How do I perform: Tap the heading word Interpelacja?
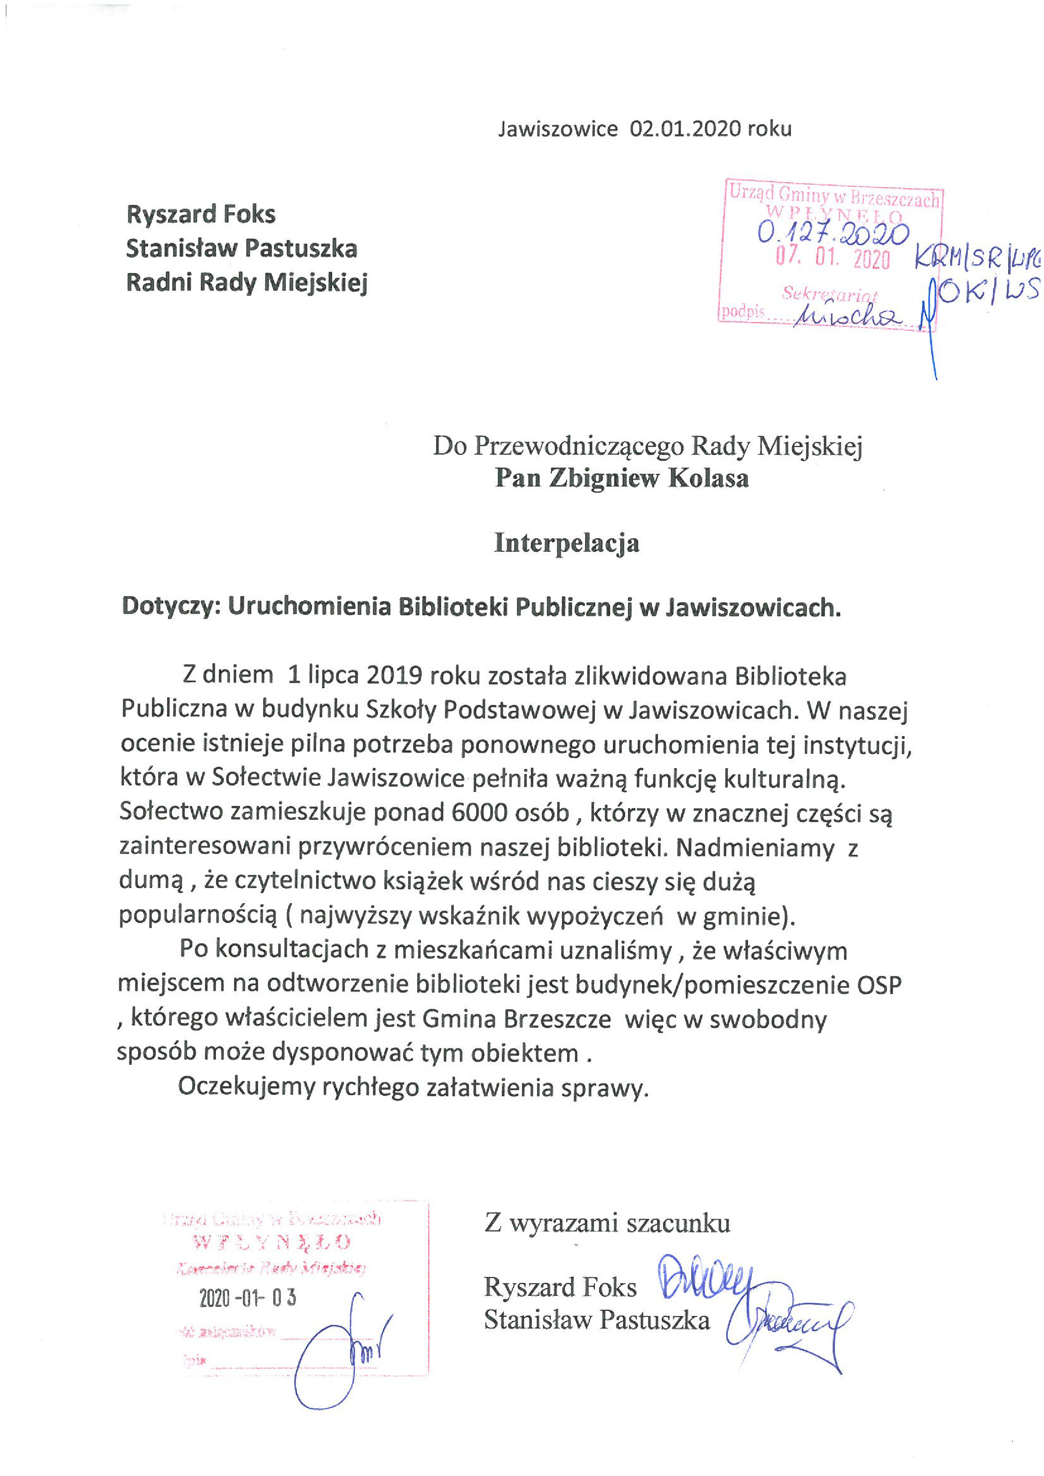point(566,543)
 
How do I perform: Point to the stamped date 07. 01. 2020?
point(833,259)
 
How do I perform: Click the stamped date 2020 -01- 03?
point(248,1298)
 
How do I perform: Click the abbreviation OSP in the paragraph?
point(879,985)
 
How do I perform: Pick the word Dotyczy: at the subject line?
point(172,606)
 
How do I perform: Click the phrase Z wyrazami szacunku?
point(607,1223)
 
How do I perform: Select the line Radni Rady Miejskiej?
point(247,282)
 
